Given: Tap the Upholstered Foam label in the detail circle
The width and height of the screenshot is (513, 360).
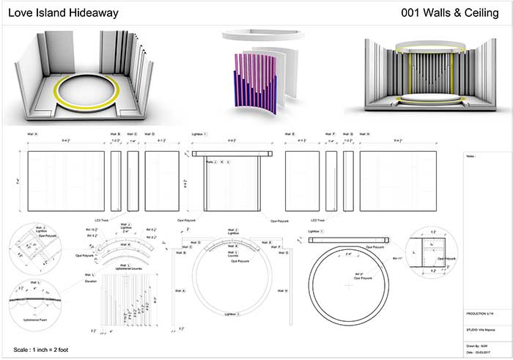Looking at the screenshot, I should (37, 320).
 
